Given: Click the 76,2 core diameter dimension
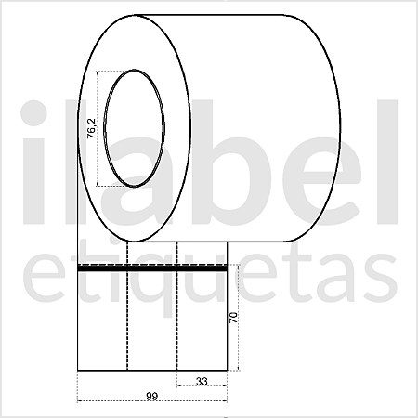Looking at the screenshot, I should click(x=91, y=128).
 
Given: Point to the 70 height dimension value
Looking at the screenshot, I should click(x=234, y=319).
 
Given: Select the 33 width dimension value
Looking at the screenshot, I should click(x=201, y=381).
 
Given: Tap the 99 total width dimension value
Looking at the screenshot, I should click(x=150, y=397).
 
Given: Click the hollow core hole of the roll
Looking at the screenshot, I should click(x=136, y=128).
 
